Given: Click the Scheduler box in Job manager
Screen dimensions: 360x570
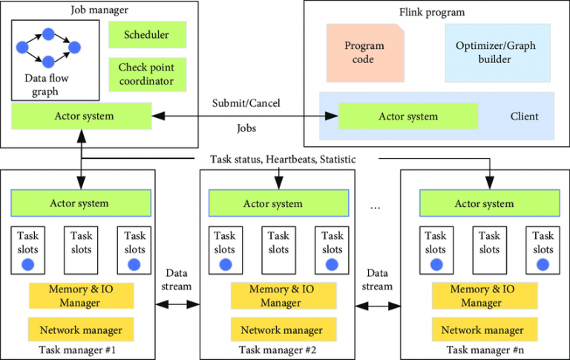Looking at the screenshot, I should (147, 35).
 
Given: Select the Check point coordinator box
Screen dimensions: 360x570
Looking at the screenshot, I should (147, 74).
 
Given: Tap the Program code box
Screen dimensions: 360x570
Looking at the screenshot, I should (364, 53).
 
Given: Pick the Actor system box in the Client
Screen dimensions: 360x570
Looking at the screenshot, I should (408, 117).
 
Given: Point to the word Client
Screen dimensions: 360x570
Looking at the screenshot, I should (524, 117).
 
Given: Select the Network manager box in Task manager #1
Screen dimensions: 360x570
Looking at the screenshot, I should (81, 330).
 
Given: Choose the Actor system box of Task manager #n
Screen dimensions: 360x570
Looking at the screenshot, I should (484, 203).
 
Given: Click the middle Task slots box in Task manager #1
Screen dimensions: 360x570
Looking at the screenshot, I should (81, 243).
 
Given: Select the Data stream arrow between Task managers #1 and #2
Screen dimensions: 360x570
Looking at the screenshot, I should (178, 304).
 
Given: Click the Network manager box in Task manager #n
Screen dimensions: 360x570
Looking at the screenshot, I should (482, 330).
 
